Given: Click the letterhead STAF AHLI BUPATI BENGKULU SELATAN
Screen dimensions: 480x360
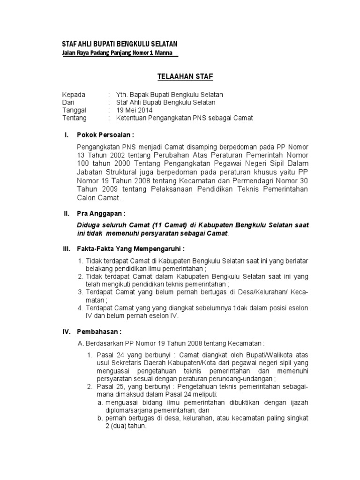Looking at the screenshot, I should pyautogui.click(x=120, y=44).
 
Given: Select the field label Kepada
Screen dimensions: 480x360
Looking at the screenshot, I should pyautogui.click(x=74, y=95).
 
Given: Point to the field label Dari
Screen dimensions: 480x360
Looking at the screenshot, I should pyautogui.click(x=69, y=102).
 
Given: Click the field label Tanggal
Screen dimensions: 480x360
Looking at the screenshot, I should pyautogui.click(x=75, y=110).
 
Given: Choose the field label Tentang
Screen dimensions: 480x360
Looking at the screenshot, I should pyautogui.click(x=75, y=118).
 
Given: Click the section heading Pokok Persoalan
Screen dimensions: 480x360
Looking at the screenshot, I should pyautogui.click(x=102, y=135).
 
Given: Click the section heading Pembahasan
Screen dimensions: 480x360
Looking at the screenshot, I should pyautogui.click(x=100, y=331).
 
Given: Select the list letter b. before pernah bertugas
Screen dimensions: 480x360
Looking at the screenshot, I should pyautogui.click(x=100, y=419).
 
